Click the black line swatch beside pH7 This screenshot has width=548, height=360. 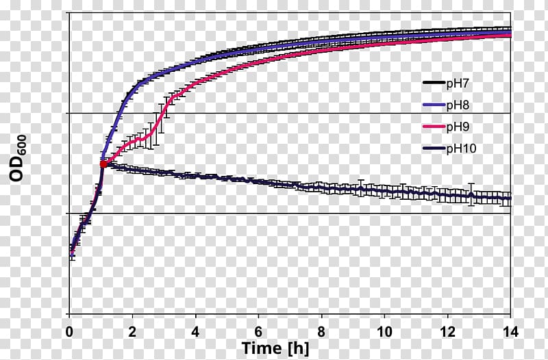click(x=433, y=83)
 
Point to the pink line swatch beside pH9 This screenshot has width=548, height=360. click(x=433, y=127)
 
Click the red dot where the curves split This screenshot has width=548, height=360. click(x=103, y=164)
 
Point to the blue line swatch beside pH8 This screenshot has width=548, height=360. click(x=433, y=105)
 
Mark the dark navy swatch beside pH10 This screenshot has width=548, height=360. click(x=433, y=148)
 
